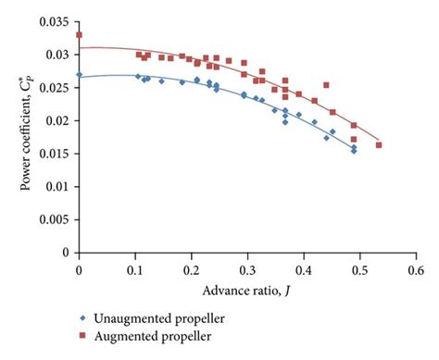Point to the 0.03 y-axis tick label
[x=60, y=55]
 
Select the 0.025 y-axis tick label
[x=57, y=88]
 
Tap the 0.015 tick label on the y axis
[x=57, y=154]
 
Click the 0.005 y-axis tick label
[x=57, y=219]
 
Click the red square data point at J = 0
[x=80, y=35]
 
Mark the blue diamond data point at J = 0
[x=80, y=75]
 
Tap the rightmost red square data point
[x=379, y=145]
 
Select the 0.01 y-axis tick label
[x=60, y=186]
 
